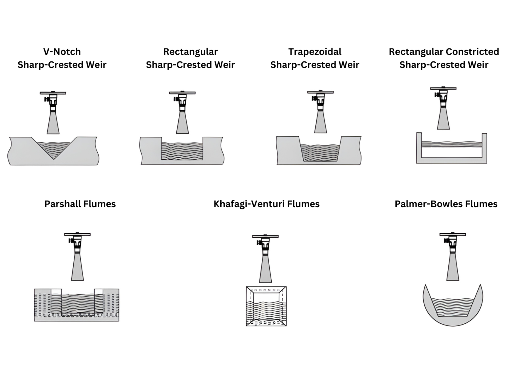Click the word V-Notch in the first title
pyautogui.click(x=62, y=52)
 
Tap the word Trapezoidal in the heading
pyautogui.click(x=315, y=52)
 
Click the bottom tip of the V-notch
pyautogui.click(x=53, y=159)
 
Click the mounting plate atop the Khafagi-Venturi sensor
pyautogui.click(x=265, y=236)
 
